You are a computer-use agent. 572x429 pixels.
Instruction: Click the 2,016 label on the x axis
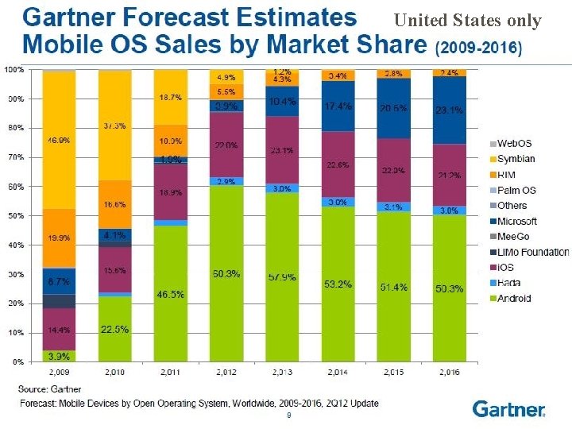pyautogui.click(x=449, y=371)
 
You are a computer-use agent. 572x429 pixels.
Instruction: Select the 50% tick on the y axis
pyautogui.click(x=14, y=215)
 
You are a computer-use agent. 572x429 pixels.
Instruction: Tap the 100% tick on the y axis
pyautogui.click(x=13, y=70)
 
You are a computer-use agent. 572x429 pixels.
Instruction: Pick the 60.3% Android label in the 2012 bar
pyautogui.click(x=226, y=274)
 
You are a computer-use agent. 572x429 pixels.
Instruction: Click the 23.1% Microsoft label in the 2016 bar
pyautogui.click(x=449, y=110)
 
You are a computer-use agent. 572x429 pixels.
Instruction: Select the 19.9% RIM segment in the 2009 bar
pyautogui.click(x=59, y=238)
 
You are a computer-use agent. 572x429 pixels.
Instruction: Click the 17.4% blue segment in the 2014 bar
pyautogui.click(x=338, y=106)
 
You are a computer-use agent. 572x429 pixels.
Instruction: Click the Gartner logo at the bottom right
pyautogui.click(x=509, y=409)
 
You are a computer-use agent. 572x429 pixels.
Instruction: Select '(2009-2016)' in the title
pyautogui.click(x=479, y=48)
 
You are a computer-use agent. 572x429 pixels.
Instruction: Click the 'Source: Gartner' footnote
pyautogui.click(x=45, y=389)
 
